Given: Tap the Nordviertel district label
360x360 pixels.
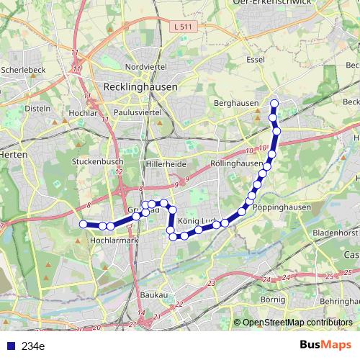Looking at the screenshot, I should [x=145, y=66].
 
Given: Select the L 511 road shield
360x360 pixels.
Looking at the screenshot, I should [x=184, y=27].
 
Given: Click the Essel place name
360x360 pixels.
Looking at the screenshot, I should [x=255, y=60].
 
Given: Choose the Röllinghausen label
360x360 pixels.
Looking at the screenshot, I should [x=237, y=163].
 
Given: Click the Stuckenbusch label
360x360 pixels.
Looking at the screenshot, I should [x=97, y=163].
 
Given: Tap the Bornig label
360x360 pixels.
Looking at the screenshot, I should [x=273, y=299].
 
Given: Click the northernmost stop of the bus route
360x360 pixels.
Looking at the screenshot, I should [x=274, y=104].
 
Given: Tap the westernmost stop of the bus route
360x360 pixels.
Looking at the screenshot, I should [x=83, y=225].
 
